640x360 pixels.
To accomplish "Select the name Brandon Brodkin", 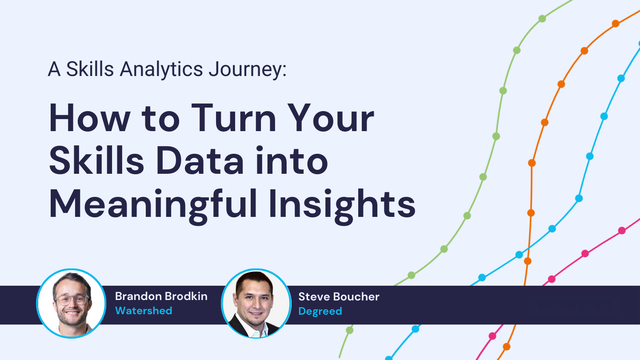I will (161, 296).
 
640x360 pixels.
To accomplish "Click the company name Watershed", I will (144, 311).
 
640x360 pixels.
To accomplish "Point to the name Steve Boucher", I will (339, 296).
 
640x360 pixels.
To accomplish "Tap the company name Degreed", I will (320, 311).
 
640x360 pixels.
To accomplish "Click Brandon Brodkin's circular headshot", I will (71, 304).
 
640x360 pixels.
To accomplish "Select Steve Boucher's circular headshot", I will (256, 304).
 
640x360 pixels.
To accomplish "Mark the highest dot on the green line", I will (542, 19).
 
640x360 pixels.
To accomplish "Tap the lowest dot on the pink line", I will (492, 336).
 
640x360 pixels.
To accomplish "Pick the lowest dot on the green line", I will (350, 330).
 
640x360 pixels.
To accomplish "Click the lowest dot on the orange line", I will (506, 347).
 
